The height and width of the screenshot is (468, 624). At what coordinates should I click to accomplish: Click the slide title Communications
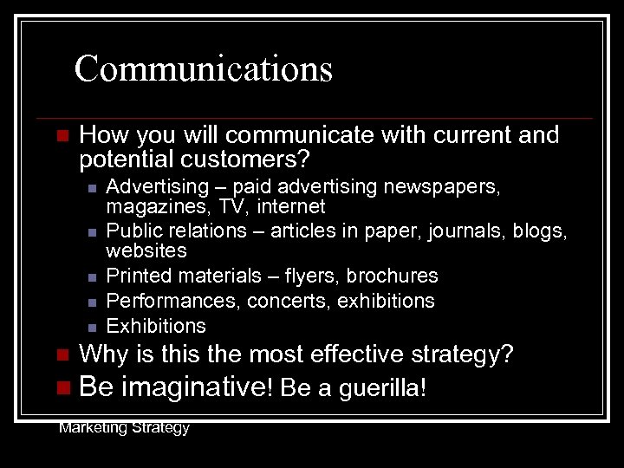pos(203,68)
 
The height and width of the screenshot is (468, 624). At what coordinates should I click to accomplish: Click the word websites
pos(146,251)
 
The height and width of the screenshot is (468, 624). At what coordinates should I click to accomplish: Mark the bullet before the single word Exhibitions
pos(90,327)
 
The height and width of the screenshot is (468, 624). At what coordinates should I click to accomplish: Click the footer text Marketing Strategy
pos(124,427)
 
